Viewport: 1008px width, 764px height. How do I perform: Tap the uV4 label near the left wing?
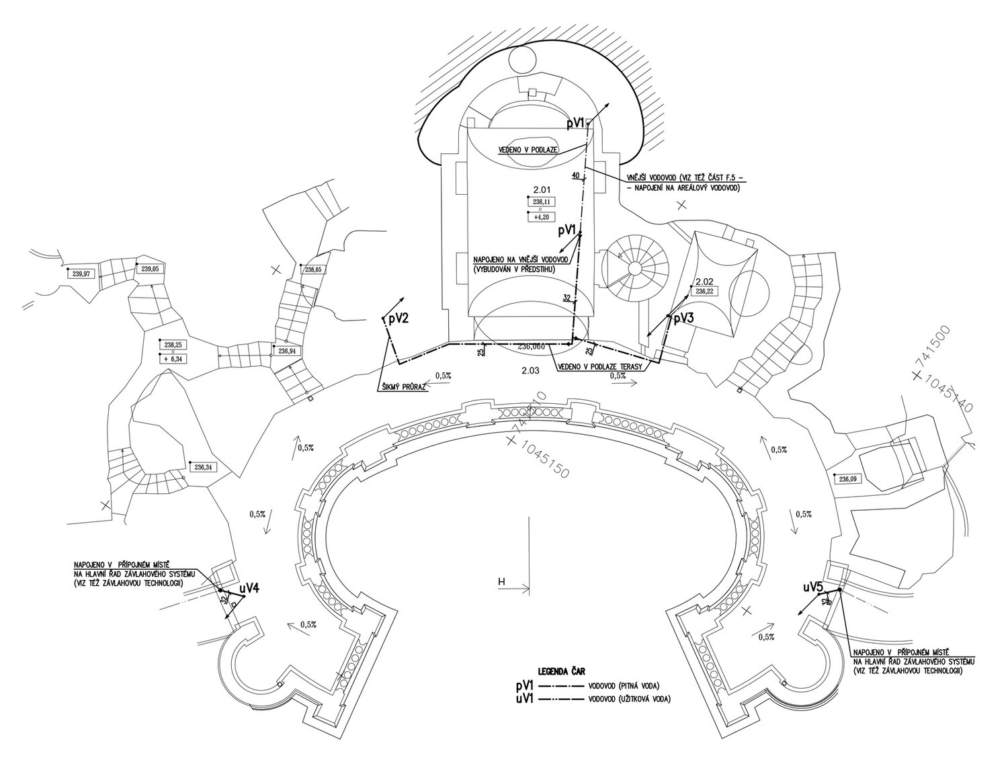click(249, 588)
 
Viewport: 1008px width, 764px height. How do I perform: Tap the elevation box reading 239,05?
click(151, 268)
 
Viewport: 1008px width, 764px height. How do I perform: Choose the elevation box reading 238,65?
click(313, 269)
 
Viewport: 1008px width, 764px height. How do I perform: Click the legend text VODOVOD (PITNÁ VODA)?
click(624, 685)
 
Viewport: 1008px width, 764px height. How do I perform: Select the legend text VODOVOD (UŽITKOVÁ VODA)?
click(630, 699)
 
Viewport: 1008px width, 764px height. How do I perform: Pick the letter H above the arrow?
click(501, 582)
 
